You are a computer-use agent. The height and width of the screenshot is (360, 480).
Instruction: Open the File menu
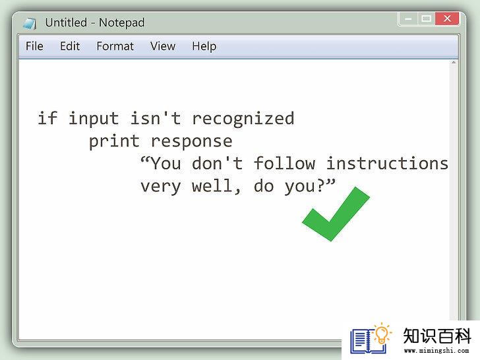click(x=34, y=46)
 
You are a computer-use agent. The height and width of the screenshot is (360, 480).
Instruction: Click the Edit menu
click(x=70, y=46)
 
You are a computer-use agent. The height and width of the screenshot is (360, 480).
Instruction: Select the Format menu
click(x=115, y=46)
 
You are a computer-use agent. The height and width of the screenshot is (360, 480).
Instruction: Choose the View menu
click(x=163, y=46)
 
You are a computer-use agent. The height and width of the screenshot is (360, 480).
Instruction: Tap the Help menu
click(x=204, y=47)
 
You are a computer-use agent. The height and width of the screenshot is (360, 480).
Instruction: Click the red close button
click(x=447, y=19)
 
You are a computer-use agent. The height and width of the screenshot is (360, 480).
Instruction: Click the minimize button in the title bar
click(x=408, y=19)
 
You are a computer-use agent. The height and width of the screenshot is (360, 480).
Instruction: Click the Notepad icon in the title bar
click(x=30, y=24)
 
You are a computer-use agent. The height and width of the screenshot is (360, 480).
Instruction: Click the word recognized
click(x=243, y=119)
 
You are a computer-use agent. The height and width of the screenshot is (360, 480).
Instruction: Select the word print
click(x=114, y=141)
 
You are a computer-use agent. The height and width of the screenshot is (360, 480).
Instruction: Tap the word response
click(x=192, y=142)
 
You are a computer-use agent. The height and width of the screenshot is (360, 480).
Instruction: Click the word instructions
click(x=387, y=163)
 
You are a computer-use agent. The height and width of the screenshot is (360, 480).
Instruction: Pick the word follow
click(x=284, y=163)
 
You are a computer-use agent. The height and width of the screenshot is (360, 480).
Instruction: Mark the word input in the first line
click(x=94, y=119)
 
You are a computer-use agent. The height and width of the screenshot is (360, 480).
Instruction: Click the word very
click(x=161, y=187)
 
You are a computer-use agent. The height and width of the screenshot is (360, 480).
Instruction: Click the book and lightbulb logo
click(x=371, y=338)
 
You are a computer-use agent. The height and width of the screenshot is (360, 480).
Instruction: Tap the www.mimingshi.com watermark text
click(x=436, y=351)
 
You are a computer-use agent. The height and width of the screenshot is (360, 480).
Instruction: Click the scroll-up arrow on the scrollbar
click(x=454, y=63)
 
